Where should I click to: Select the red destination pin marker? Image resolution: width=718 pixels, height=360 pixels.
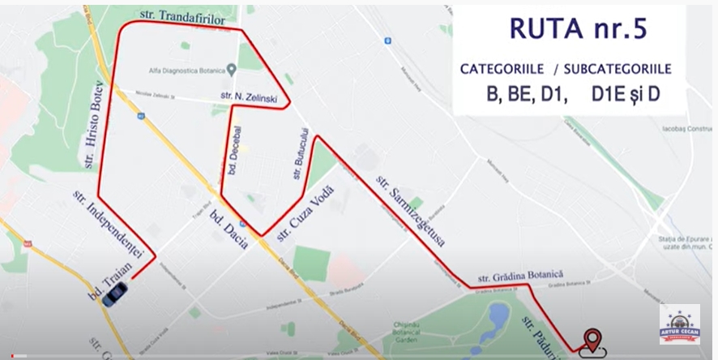592,340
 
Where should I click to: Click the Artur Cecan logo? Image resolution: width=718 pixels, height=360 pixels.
679,324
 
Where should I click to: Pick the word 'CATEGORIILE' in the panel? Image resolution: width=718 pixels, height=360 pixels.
498,69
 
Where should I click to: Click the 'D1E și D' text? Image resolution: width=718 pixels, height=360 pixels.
626,95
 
